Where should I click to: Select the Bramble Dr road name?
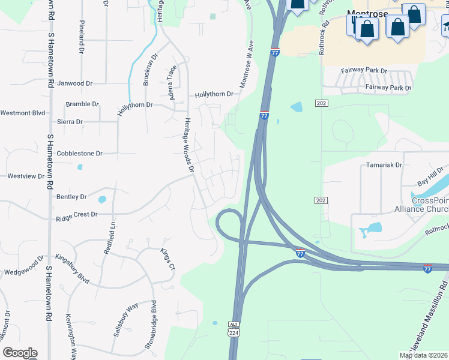pos(82,104)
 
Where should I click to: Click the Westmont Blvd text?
pos(23,113)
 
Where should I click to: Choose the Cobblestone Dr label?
pos(80,154)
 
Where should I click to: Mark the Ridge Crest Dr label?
pos(77,214)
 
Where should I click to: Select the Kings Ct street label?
pos(167,259)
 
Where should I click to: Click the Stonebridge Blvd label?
pos(154,325)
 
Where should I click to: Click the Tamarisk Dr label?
pos(384,164)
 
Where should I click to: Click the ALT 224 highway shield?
pos(234,328)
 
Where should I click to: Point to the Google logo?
pos(20,353)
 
